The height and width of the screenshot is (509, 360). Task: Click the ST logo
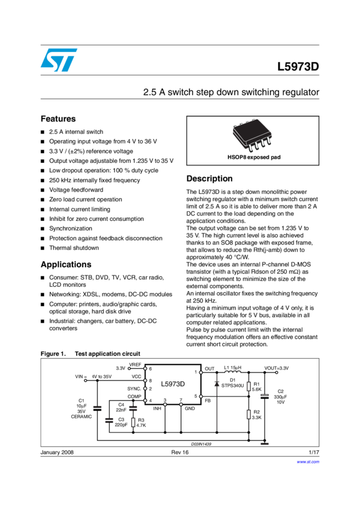tap(59, 60)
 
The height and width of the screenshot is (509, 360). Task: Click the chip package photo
tap(252, 136)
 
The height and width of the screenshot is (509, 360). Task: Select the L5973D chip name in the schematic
tap(173, 383)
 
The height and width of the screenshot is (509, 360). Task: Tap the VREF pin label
tap(135, 365)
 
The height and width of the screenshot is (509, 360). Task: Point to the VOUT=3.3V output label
tap(277, 368)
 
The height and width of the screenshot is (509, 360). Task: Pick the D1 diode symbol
tap(216, 383)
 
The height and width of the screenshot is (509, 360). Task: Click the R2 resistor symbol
tap(249, 414)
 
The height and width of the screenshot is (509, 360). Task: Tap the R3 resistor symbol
tap(133, 422)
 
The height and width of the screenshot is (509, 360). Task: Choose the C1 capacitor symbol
tap(97, 408)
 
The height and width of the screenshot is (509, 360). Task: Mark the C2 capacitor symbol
tap(264, 396)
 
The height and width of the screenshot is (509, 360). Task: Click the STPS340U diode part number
tap(232, 386)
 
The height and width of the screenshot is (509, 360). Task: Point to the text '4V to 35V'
tap(101, 377)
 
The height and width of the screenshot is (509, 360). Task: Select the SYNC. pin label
tap(134, 389)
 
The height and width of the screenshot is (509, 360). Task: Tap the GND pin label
tap(189, 408)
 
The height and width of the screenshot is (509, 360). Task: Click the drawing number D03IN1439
tap(201, 444)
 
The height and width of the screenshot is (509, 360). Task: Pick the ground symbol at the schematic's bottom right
tap(264, 443)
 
